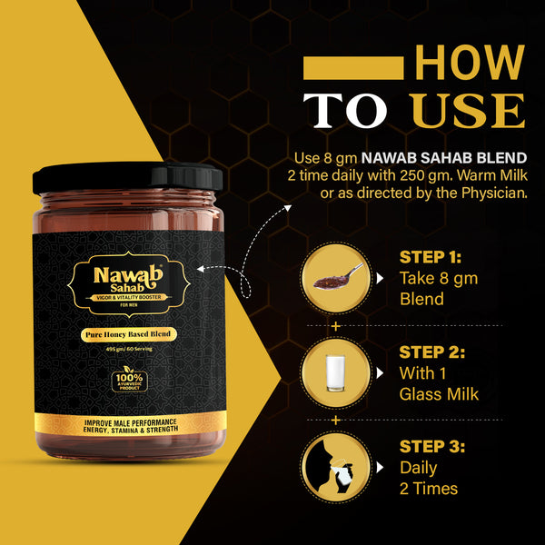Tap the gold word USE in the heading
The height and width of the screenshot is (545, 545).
(x=468, y=110)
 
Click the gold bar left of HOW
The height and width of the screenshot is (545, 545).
(x=353, y=68)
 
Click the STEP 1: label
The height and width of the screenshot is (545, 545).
(x=432, y=258)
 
